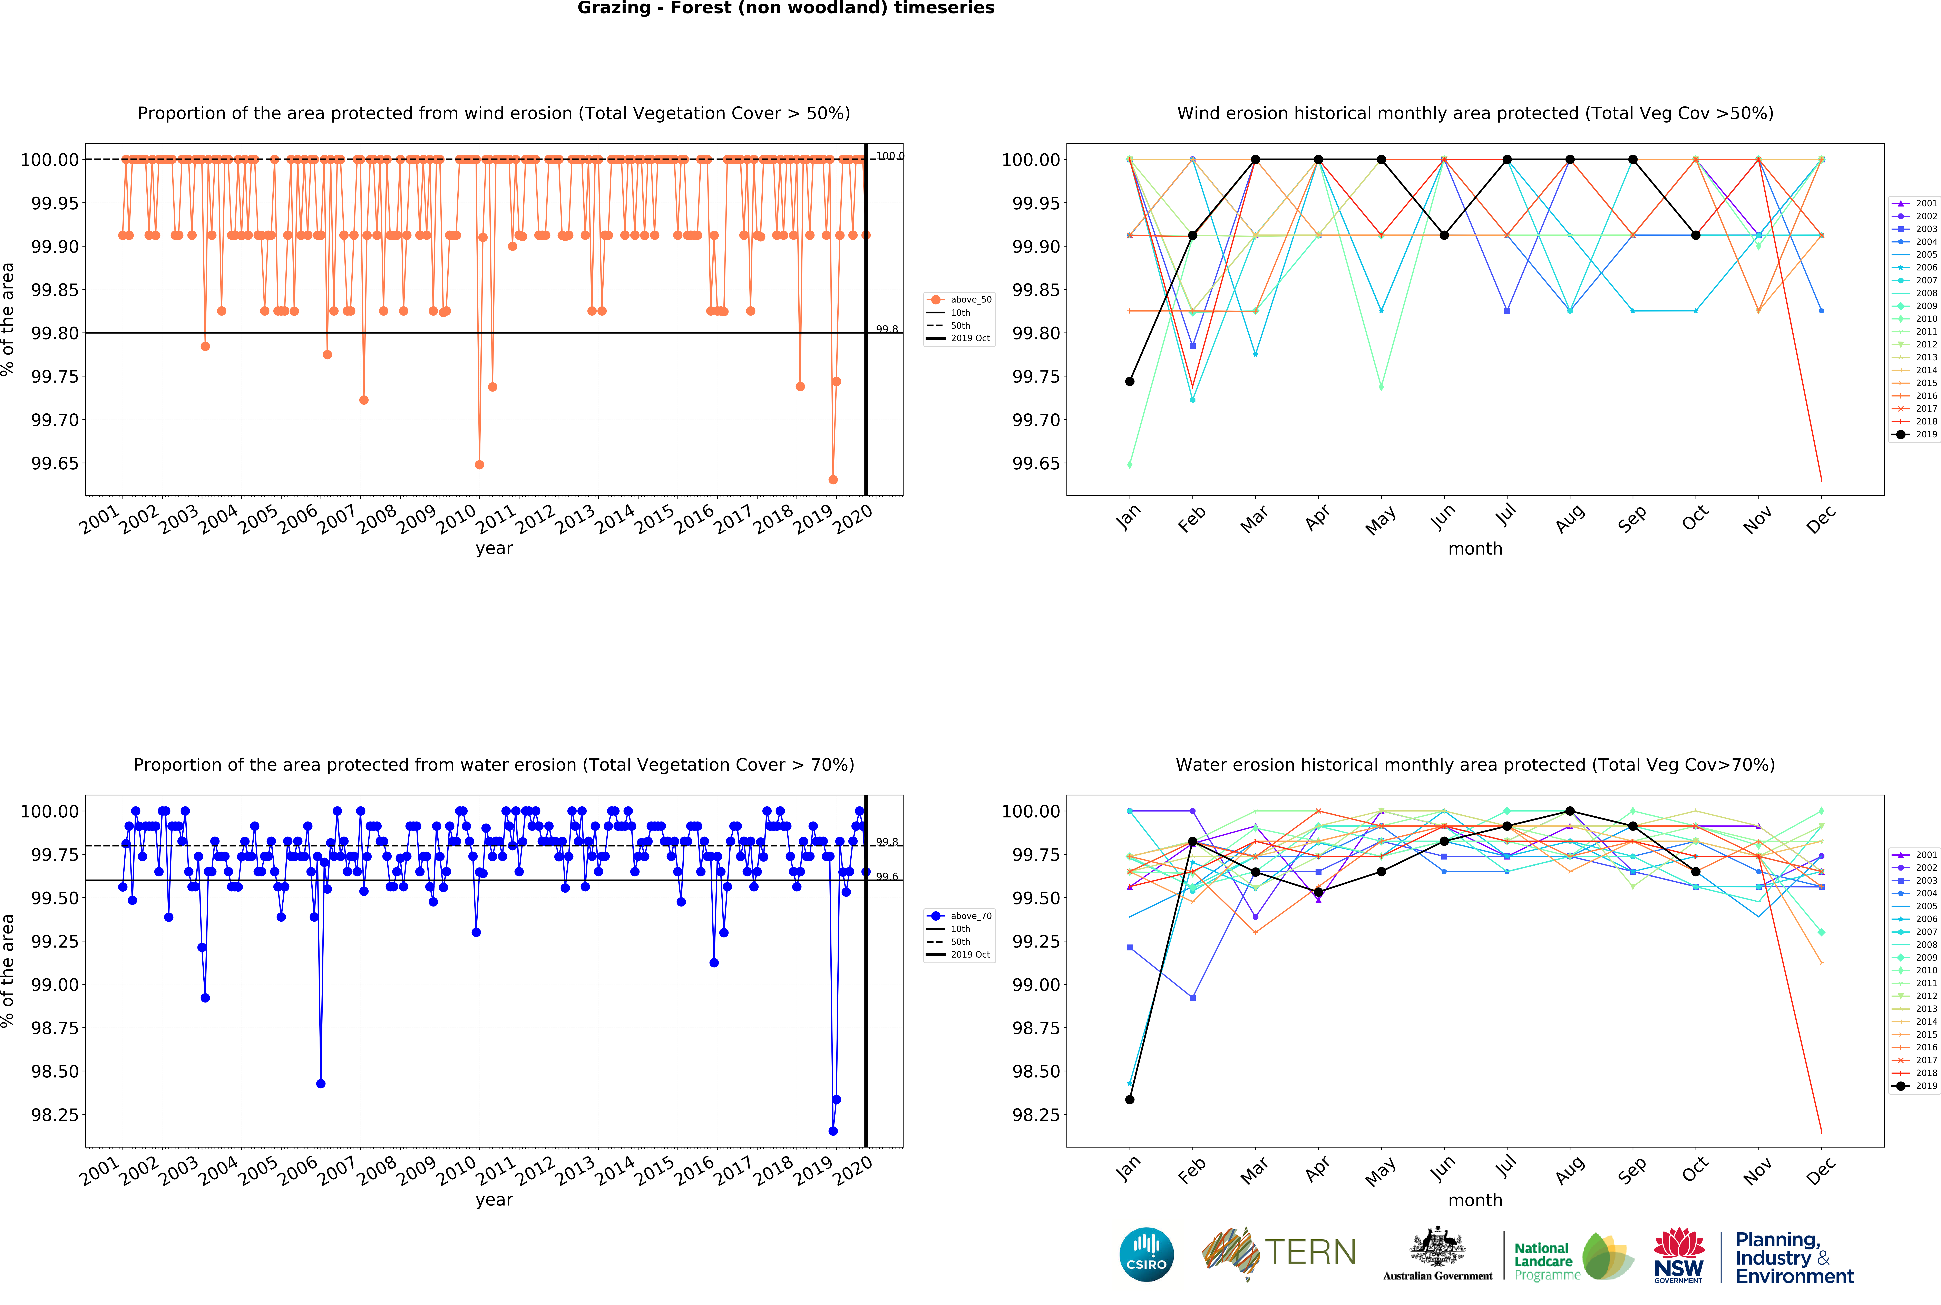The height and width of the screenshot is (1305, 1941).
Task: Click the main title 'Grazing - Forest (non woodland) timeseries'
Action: [x=785, y=8]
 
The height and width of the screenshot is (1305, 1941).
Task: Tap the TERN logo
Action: [x=1279, y=1253]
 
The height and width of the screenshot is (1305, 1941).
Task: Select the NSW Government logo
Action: [x=1678, y=1255]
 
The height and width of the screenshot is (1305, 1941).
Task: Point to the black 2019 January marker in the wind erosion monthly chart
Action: [x=1130, y=381]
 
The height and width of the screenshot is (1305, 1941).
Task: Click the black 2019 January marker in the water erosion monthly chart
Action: [x=1130, y=1100]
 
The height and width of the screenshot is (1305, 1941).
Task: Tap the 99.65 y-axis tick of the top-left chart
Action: [x=55, y=464]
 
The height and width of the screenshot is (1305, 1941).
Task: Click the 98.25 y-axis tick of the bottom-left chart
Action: [x=55, y=1115]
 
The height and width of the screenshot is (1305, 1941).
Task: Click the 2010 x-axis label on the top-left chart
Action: [x=457, y=519]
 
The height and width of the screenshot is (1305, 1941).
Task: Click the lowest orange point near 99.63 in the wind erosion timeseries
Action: [x=833, y=479]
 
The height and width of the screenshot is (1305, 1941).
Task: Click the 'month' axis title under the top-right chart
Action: [x=1475, y=548]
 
